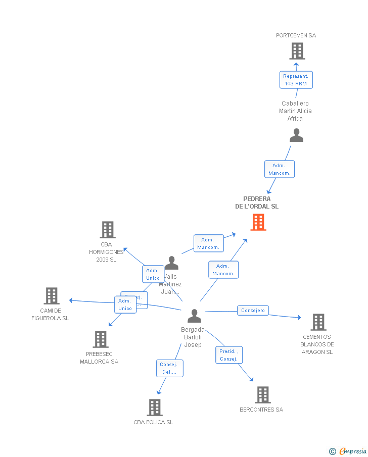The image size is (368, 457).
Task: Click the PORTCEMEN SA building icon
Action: coord(297,51)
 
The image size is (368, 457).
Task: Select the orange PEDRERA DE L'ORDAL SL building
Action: coord(258,222)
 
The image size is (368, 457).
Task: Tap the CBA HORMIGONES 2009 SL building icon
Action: coord(107,230)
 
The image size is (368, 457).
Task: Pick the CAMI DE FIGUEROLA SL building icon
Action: coord(52,296)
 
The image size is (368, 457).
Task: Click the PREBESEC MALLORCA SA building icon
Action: coord(101,339)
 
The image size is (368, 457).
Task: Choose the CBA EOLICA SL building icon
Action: coord(154,407)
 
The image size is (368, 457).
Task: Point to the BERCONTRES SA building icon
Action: coord(262,395)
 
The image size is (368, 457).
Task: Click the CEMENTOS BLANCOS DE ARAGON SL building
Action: coord(318,322)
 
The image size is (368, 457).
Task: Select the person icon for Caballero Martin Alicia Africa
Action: coord(296,135)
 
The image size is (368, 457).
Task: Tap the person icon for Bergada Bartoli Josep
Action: coord(194,316)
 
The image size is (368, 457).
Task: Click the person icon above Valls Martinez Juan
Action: coord(172,263)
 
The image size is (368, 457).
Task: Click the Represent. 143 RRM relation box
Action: coord(296,80)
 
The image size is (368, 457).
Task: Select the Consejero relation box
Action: coord(253,311)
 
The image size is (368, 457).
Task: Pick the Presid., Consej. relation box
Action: coord(229,355)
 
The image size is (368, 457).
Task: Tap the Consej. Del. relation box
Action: coord(169,368)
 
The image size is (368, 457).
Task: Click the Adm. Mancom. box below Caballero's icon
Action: coord(279,169)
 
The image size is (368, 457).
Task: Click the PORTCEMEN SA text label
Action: coord(296,35)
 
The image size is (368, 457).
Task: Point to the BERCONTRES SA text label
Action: coord(261,410)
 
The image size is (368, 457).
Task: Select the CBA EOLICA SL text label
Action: coord(153,422)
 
